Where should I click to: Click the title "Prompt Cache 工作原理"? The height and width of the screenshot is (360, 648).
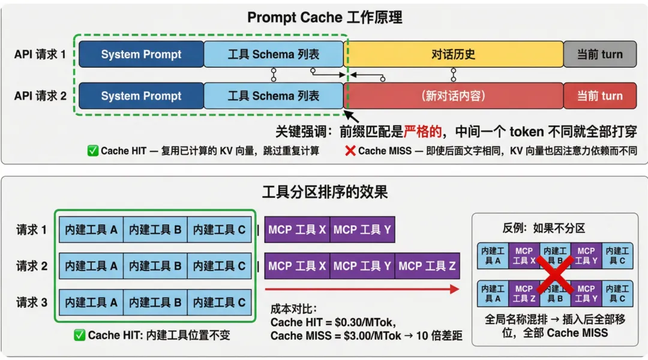(324, 18)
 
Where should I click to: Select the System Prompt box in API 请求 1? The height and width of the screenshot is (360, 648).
(141, 55)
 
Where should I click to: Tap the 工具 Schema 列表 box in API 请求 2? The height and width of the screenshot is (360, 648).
(274, 96)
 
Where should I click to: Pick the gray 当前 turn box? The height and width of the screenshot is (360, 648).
(599, 55)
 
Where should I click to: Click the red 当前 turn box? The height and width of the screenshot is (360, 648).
(599, 96)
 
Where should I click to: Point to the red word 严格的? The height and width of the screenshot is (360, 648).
(422, 131)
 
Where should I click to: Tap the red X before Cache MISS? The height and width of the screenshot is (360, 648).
(350, 151)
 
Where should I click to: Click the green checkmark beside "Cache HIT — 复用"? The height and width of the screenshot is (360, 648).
(93, 151)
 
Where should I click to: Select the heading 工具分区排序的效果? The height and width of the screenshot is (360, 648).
(325, 192)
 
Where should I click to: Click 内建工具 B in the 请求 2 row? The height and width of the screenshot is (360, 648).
(155, 266)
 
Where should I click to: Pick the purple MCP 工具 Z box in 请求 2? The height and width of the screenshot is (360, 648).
(427, 266)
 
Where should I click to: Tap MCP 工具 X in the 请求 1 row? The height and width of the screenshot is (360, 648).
(297, 230)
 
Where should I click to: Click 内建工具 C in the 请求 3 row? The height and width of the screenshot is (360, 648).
(220, 302)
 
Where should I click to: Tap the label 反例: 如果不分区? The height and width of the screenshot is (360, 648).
(544, 228)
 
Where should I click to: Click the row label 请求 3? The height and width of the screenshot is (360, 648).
(32, 302)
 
